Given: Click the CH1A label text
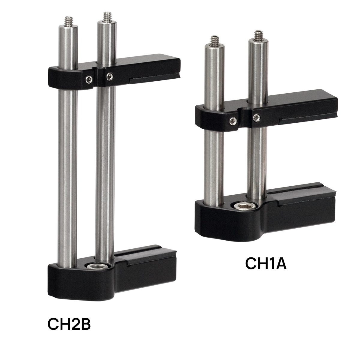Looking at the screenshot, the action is pos(266,263).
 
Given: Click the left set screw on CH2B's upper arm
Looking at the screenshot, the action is pos(89,80).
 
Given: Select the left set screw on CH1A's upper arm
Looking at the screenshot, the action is pos(233,121).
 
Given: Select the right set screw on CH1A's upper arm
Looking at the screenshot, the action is pos(256,118).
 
